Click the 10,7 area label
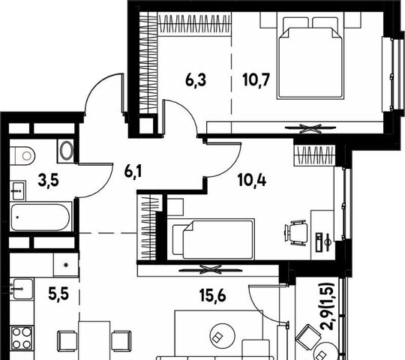pyautogui.click(x=256, y=79)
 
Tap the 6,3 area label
pyautogui.click(x=196, y=79)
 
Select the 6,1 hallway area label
pyautogui.click(x=133, y=172)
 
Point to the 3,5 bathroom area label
pyautogui.click(x=48, y=180)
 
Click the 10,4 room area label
pyautogui.click(x=252, y=180)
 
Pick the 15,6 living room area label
pyautogui.click(x=213, y=295)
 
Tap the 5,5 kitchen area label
pyautogui.click(x=58, y=295)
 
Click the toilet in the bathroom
pyautogui.click(x=22, y=155)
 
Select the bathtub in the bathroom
pyautogui.click(x=40, y=217)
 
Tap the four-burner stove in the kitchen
pyautogui.click(x=22, y=337)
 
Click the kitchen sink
pyautogui.click(x=22, y=289)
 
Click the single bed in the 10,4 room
pyautogui.click(x=214, y=239)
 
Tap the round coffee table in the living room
pyautogui.click(x=223, y=335)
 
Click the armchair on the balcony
pyautogui.click(x=306, y=336)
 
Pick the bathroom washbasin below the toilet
pyautogui.click(x=18, y=190)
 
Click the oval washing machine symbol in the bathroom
pyautogui.click(x=67, y=151)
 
